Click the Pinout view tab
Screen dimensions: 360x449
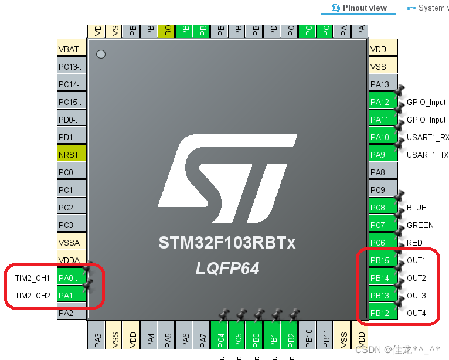(x=359, y=8)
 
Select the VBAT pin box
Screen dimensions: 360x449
(x=72, y=49)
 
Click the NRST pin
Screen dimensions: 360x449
(x=72, y=155)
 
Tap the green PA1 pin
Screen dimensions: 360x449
(x=72, y=296)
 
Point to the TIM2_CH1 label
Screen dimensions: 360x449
(x=33, y=278)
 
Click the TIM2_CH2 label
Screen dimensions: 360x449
(x=33, y=296)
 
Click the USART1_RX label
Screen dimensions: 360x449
(x=427, y=137)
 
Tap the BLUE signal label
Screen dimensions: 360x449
(x=416, y=208)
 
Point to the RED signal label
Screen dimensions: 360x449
(x=414, y=243)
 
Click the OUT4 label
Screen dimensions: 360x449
(x=416, y=313)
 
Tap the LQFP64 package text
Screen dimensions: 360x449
(x=227, y=269)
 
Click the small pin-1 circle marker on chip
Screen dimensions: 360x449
(x=101, y=55)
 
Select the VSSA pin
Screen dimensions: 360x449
(x=72, y=243)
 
